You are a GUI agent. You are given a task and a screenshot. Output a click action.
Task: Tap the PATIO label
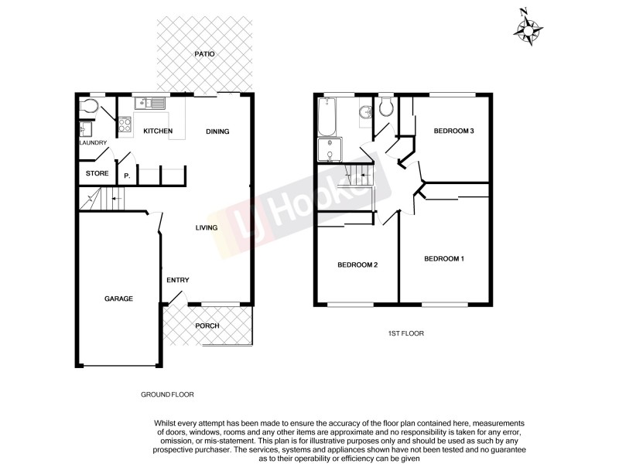(205, 54)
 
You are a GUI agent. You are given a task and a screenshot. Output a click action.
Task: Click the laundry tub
(85, 130)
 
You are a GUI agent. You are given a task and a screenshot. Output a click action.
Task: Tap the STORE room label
(97, 173)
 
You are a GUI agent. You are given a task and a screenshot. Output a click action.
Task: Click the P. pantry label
(126, 176)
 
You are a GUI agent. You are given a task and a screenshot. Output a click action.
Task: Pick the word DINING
(217, 131)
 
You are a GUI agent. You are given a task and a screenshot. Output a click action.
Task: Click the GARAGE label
(119, 299)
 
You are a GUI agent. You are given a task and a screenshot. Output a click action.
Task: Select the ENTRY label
(178, 280)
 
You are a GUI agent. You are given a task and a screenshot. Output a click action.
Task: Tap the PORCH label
(207, 326)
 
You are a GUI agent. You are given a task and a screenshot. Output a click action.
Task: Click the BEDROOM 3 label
(453, 131)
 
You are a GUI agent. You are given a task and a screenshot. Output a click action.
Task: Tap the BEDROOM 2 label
(357, 265)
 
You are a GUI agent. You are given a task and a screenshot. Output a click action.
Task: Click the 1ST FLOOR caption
(406, 333)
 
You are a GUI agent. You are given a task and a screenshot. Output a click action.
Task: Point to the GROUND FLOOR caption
(167, 394)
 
